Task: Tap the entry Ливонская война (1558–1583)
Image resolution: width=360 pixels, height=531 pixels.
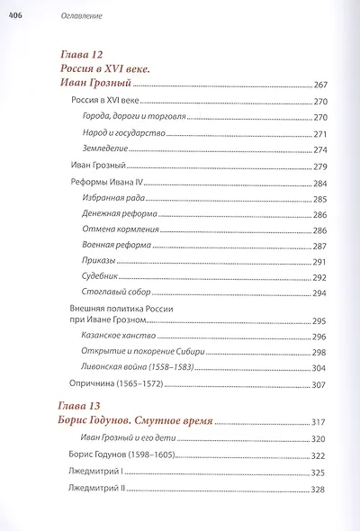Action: [130, 367]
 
